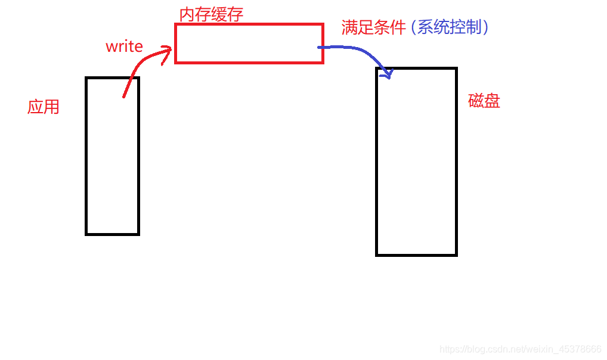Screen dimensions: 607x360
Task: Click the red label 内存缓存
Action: tap(211, 14)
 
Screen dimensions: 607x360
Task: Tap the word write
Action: tap(124, 46)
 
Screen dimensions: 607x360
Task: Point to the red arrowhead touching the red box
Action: tap(166, 56)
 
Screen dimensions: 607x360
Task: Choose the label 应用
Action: tap(44, 107)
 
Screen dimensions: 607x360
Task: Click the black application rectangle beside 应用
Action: tap(112, 156)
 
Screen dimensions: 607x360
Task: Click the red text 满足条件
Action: tap(373, 27)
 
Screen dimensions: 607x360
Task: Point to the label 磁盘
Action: tap(484, 101)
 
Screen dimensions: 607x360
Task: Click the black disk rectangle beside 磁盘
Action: tap(416, 162)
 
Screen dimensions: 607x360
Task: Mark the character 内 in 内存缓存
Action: tap(187, 14)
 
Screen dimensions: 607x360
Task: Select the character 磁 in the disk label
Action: tap(476, 101)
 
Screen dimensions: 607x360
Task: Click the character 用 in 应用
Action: tap(51, 107)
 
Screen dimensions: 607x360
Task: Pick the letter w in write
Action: tap(111, 47)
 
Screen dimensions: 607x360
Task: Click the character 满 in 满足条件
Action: tap(349, 27)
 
